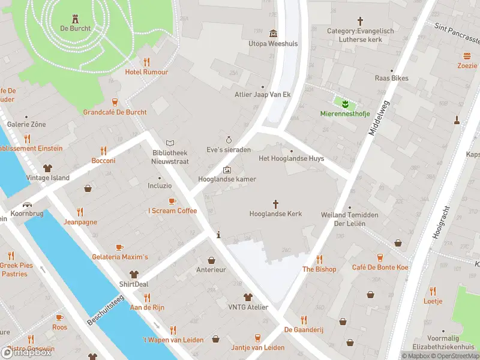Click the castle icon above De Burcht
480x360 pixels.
coord(75,18)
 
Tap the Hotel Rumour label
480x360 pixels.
coord(146,72)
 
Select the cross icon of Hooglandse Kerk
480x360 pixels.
coord(276,204)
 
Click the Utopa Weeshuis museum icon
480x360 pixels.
coord(274,33)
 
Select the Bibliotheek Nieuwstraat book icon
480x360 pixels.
coord(170,143)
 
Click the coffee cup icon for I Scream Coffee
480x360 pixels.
coord(172,201)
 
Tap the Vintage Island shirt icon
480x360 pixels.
coord(47,168)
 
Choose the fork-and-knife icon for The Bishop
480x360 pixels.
coord(319,259)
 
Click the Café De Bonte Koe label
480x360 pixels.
coord(380,268)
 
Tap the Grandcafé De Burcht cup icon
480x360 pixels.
coord(115,102)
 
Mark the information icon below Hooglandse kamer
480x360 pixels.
coord(218,235)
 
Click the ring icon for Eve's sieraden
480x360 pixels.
coord(229,139)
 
